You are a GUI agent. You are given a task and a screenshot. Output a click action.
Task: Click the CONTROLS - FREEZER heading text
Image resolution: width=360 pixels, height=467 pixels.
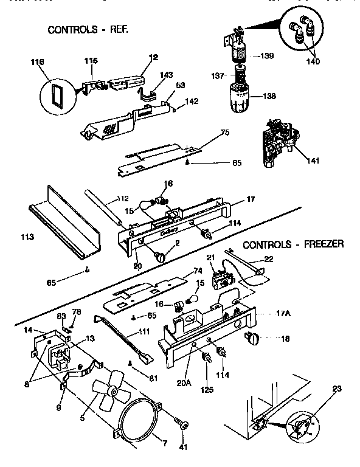[293, 244]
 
